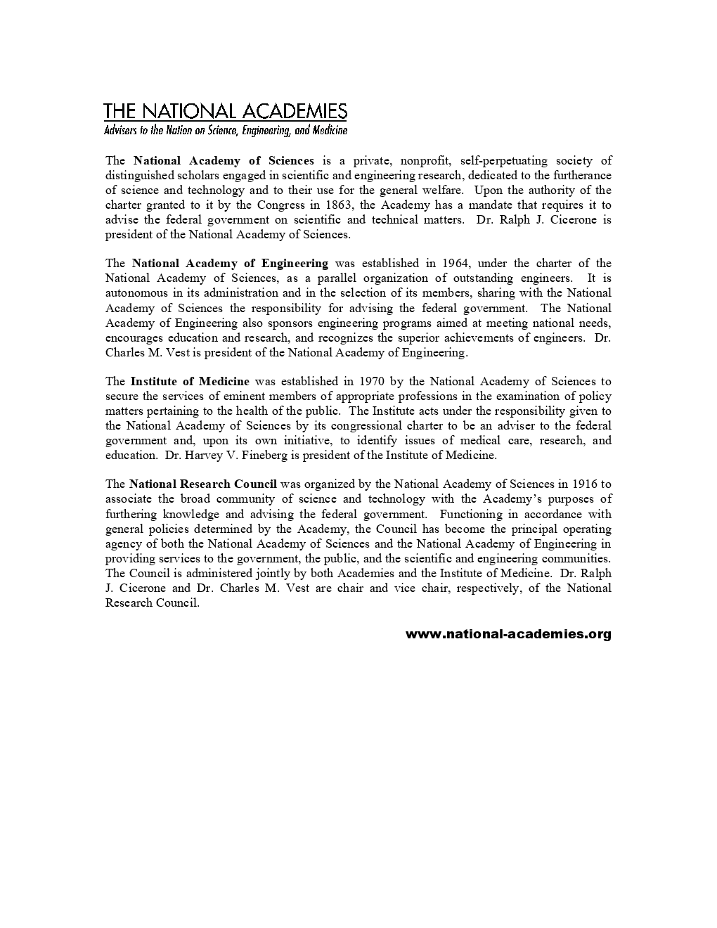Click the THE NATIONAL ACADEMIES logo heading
[225, 111]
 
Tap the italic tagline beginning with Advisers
[225, 130]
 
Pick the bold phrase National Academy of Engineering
[230, 263]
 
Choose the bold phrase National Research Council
[203, 484]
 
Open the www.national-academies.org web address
[508, 634]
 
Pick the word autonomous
[136, 292]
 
